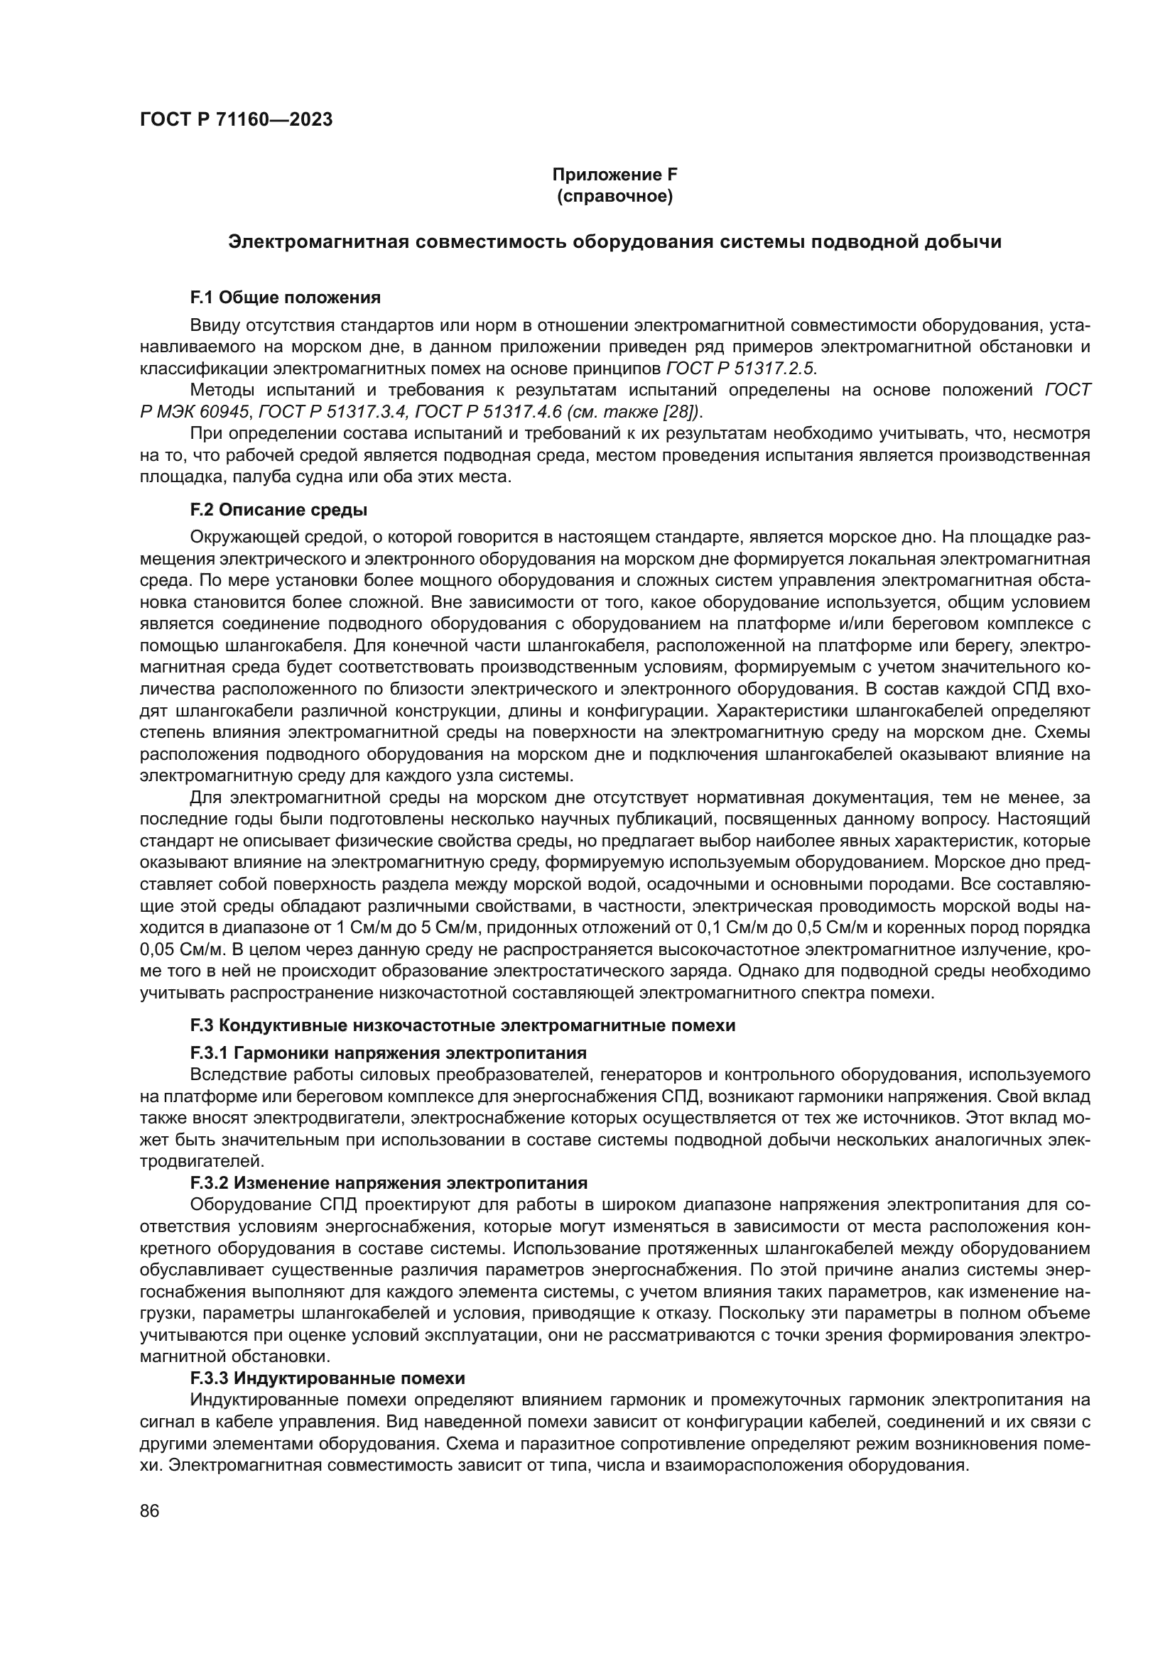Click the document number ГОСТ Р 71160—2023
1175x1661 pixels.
point(236,120)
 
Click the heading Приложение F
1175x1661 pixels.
point(614,175)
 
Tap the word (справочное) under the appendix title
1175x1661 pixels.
point(614,196)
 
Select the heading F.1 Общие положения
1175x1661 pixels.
point(285,298)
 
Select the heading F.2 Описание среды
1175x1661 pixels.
point(278,510)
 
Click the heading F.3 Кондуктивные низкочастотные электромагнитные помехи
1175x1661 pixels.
point(462,1025)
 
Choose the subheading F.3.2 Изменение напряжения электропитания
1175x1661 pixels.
point(389,1183)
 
